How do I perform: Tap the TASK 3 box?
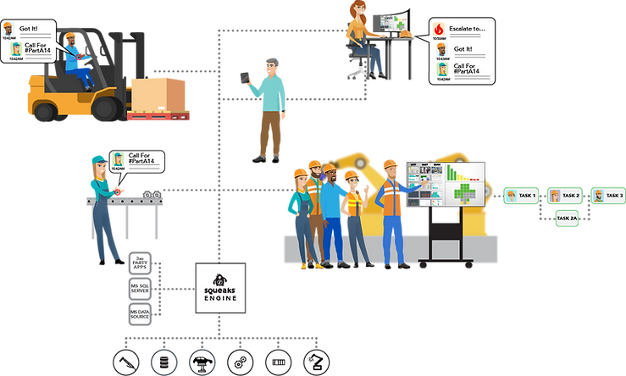point(607,196)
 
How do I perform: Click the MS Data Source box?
point(141,315)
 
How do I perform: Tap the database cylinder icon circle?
point(162,362)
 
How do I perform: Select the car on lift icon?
point(201,362)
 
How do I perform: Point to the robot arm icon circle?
point(315,362)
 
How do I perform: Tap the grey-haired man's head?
point(269,63)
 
